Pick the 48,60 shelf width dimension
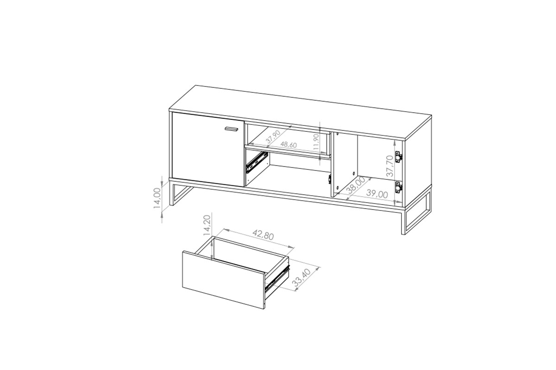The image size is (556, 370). coord(288,145)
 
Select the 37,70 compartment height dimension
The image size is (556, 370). coord(390,166)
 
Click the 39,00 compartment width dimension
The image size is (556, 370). coord(377,194)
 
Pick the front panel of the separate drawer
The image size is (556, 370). coord(223,279)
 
